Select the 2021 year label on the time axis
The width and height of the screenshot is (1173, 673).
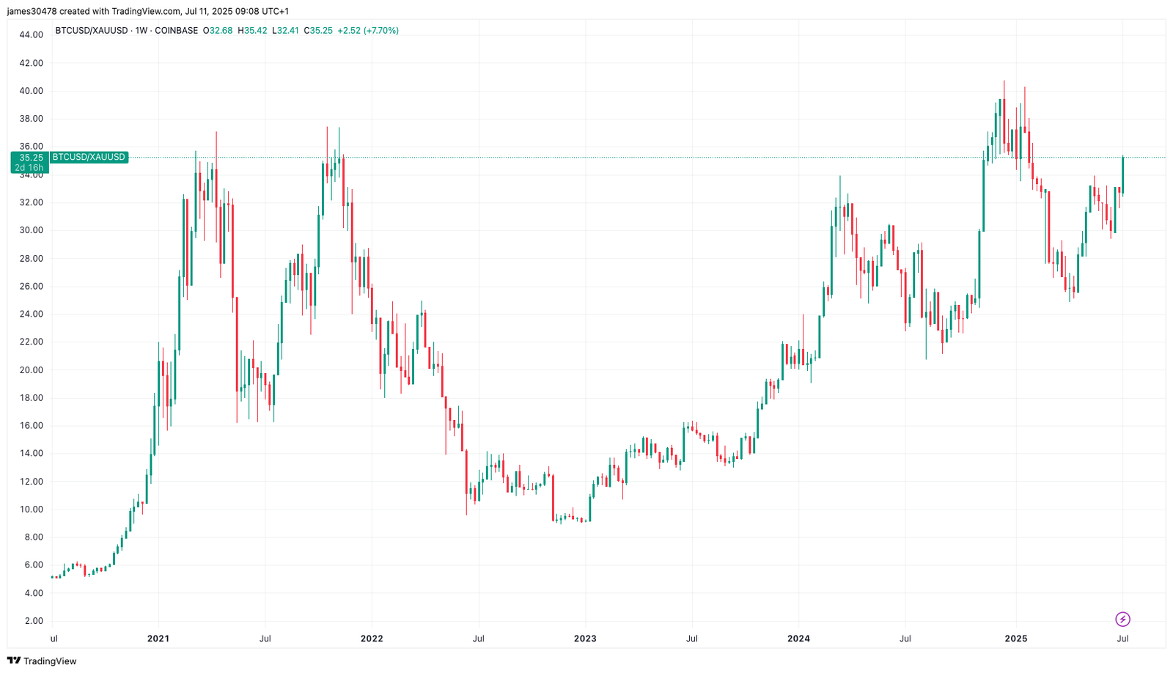click(158, 639)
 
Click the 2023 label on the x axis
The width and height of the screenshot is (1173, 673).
click(584, 639)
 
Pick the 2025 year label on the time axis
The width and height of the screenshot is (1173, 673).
click(1015, 639)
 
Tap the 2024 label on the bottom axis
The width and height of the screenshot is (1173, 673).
click(798, 639)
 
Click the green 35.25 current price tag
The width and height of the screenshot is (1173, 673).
click(31, 158)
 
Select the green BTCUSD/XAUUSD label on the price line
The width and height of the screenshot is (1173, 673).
click(89, 157)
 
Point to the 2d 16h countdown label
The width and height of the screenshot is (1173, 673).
click(29, 168)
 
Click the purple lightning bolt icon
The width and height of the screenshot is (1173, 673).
click(1122, 619)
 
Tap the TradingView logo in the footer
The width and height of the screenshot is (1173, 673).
click(42, 661)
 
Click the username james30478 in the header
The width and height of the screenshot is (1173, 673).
click(32, 11)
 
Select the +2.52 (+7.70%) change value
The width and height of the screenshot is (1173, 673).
click(368, 31)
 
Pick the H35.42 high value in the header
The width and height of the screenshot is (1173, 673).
click(252, 31)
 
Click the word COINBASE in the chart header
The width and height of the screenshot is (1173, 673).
click(176, 31)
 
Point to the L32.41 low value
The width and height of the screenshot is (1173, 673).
click(286, 31)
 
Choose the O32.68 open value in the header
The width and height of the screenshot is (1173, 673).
click(218, 31)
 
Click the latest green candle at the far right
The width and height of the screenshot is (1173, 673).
click(1122, 176)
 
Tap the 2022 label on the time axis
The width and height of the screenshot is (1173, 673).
click(372, 639)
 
